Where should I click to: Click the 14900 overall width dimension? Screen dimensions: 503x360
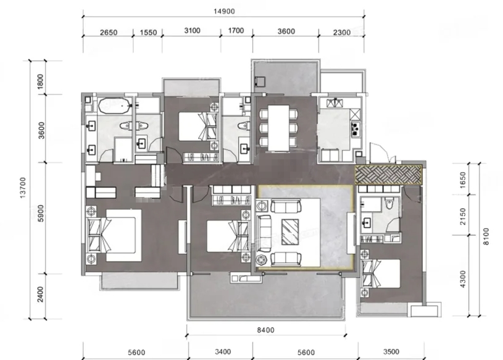tap(224, 11)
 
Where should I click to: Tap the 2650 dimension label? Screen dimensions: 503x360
tap(109, 32)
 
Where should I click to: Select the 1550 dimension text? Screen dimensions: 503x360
tap(148, 32)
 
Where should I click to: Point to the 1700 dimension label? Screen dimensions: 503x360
tap(236, 31)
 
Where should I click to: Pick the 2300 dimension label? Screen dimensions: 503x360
tap(342, 32)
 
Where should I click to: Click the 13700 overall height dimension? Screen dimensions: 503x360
tap(23, 187)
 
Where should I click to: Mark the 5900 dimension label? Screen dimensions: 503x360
tap(41, 213)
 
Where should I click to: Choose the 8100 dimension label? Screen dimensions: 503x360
tap(486, 237)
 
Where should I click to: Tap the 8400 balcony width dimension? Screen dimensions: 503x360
tap(266, 330)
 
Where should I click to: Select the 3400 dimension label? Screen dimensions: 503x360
tap(223, 352)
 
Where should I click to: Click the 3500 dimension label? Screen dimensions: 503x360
tap(391, 352)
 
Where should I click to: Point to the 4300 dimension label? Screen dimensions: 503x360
tap(462, 279)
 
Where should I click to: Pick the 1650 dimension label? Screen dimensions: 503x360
tap(462, 180)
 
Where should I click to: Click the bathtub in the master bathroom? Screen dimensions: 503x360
tap(115, 106)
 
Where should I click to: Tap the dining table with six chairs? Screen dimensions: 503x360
tap(278, 128)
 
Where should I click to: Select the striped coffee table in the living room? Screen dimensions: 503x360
tap(290, 232)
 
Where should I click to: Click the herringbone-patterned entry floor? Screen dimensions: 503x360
tap(388, 175)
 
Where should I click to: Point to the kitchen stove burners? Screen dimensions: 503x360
tap(355, 128)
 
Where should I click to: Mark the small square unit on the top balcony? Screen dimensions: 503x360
tap(260, 81)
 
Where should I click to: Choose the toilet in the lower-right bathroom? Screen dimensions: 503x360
tap(389, 203)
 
